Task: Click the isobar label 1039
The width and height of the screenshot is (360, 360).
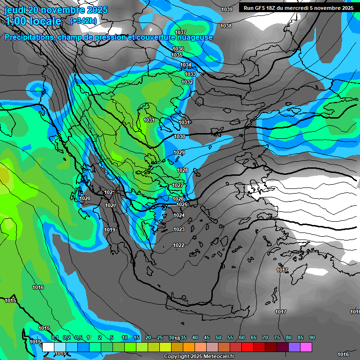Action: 227,9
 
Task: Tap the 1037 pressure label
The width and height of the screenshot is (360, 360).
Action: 180,32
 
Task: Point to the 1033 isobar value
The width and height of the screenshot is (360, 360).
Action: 190,74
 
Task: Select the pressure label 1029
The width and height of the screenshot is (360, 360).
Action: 179,152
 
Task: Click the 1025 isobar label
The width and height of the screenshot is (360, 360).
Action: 182,204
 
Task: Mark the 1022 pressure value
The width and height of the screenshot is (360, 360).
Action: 179,245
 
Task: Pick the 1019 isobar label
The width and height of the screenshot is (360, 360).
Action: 110,230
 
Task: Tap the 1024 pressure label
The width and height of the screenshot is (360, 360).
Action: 179,215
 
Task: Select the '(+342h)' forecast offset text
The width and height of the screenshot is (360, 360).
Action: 83,21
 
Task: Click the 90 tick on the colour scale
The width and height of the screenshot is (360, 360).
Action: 312,338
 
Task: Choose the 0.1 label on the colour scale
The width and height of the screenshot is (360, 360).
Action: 55,338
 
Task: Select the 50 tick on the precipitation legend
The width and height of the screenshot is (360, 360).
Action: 218,338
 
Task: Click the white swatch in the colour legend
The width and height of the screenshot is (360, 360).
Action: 48,347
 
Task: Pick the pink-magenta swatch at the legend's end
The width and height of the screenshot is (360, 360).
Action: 307,347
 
